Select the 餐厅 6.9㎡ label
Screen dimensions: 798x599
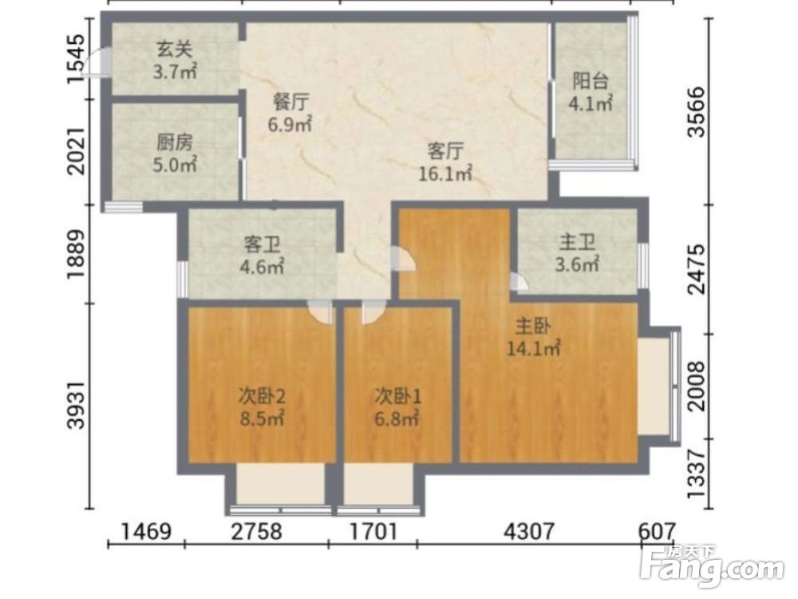(290, 113)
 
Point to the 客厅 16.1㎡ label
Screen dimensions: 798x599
(445, 162)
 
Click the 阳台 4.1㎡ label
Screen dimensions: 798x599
(591, 92)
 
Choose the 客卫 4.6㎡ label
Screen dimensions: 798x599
(262, 256)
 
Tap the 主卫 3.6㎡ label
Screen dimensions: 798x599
(577, 252)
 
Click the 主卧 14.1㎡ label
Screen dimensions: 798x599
(533, 337)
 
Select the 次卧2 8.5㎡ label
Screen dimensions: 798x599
(262, 407)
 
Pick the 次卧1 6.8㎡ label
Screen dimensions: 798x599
(397, 407)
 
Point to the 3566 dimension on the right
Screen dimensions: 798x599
(697, 112)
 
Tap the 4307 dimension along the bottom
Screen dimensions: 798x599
(529, 532)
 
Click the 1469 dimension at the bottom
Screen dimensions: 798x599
(146, 532)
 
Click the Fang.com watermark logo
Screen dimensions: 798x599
(713, 566)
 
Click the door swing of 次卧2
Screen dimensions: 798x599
(322, 311)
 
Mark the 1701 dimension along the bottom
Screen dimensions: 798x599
(373, 532)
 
